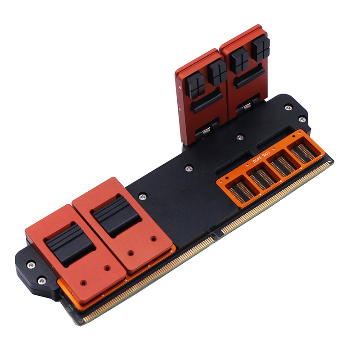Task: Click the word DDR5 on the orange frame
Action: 257,159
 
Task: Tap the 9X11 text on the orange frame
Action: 266,153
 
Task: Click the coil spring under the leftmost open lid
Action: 206,130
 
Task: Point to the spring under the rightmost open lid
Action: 247,106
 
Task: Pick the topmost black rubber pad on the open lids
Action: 261,48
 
